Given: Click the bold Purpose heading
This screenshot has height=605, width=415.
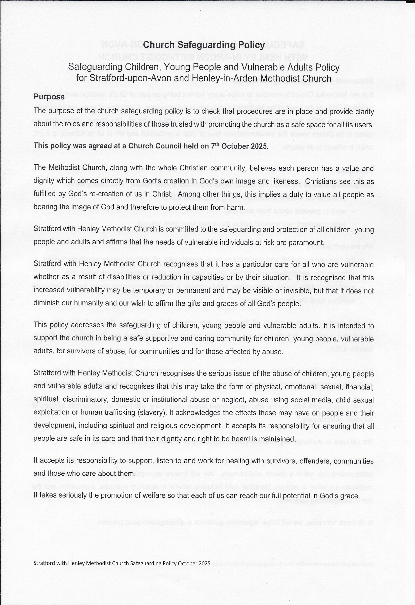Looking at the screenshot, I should click(49, 97).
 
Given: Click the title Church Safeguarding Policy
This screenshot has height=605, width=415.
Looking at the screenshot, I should click(204, 45).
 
